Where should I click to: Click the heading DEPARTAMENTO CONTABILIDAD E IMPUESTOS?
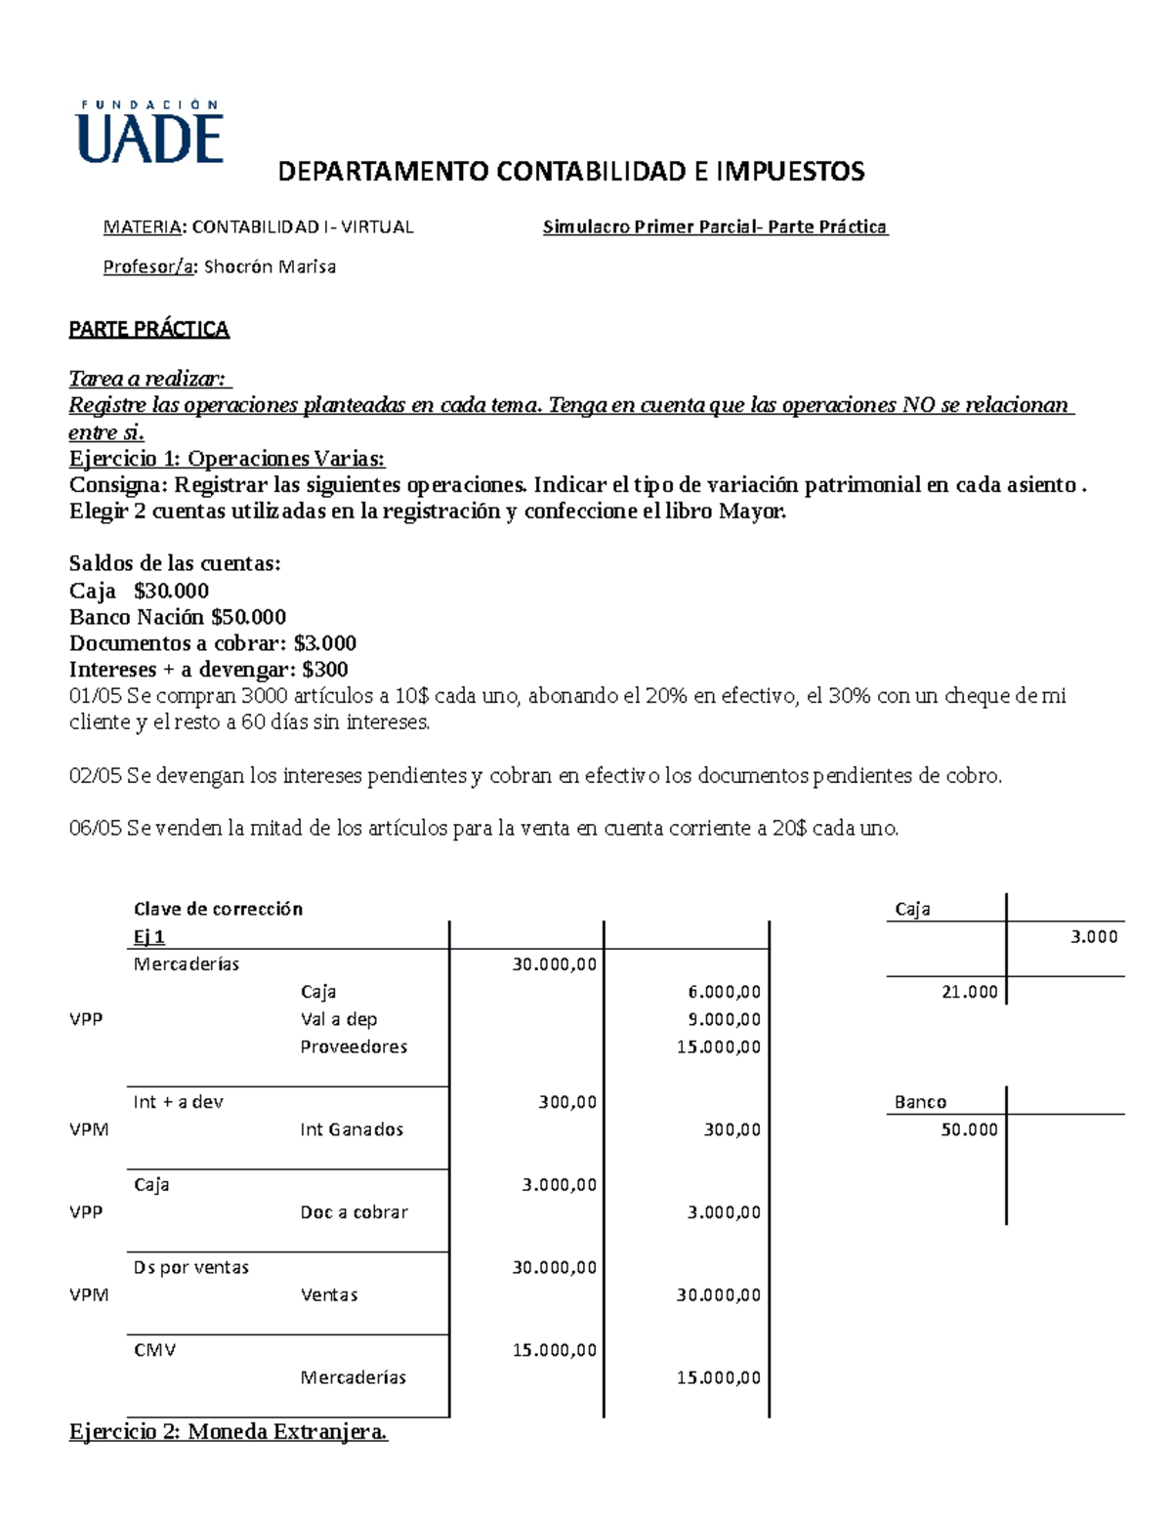pyautogui.click(x=571, y=172)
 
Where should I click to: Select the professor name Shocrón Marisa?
pyautogui.click(x=270, y=266)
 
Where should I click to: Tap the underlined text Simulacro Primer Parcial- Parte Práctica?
pyautogui.click(x=714, y=227)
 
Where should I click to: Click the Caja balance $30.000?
pyautogui.click(x=171, y=591)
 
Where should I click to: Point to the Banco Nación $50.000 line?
pyautogui.click(x=178, y=617)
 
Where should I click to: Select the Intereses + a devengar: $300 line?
pyautogui.click(x=208, y=670)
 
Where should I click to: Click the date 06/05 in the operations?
pyautogui.click(x=95, y=829)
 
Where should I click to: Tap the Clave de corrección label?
pyautogui.click(x=218, y=909)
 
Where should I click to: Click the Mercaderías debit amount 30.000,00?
pyautogui.click(x=554, y=964)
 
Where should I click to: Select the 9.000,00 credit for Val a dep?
pyautogui.click(x=718, y=1019)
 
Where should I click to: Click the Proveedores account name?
pyautogui.click(x=354, y=1046)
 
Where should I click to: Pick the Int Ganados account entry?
pyautogui.click(x=352, y=1129)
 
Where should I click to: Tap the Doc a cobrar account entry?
pyautogui.click(x=354, y=1212)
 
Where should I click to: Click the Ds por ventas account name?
pyautogui.click(x=191, y=1267)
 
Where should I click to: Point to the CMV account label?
pyautogui.click(x=154, y=1350)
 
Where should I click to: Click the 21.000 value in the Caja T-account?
pyautogui.click(x=969, y=992)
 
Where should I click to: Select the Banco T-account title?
pyautogui.click(x=920, y=1102)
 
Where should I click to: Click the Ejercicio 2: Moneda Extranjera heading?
pyautogui.click(x=229, y=1432)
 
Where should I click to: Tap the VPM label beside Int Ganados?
pyautogui.click(x=89, y=1129)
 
